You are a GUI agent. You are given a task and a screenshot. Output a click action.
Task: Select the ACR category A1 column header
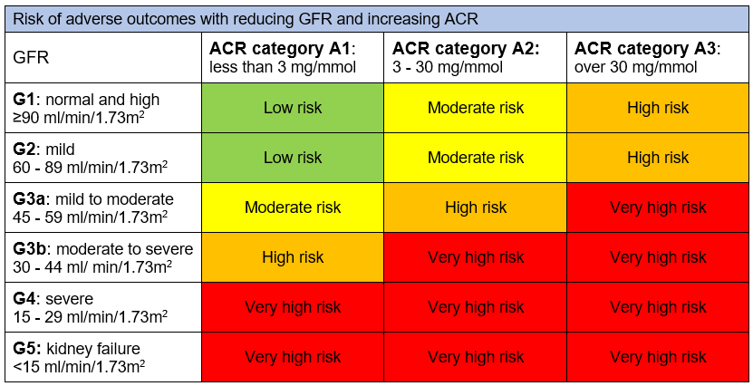point(292,57)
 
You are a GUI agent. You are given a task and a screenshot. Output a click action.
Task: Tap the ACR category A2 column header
point(474,57)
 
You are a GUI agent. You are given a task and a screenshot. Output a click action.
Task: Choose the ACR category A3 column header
point(658,57)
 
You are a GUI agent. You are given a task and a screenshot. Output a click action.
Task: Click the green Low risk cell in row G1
point(292,108)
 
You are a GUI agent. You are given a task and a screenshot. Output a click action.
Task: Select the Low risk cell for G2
point(292,158)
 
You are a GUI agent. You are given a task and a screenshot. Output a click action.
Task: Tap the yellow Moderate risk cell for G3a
point(292,207)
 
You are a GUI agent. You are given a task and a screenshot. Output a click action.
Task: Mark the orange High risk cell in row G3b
point(292,257)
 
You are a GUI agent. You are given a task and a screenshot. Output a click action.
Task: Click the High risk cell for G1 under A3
point(658,108)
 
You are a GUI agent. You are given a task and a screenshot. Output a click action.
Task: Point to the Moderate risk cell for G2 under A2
point(475,158)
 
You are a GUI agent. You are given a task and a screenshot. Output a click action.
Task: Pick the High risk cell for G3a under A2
point(475,207)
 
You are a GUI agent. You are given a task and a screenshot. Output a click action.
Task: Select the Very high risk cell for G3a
point(658,207)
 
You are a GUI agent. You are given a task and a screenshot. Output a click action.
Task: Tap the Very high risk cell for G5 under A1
point(292,357)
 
